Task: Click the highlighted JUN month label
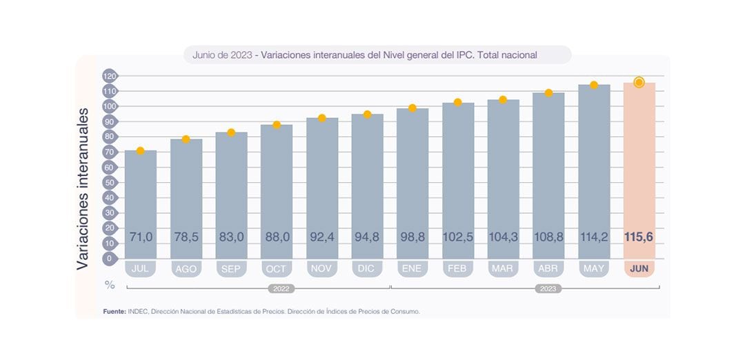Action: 639,268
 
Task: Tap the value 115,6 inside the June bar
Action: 639,237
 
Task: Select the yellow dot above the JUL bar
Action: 140,151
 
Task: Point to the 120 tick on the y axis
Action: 108,76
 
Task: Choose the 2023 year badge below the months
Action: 548,288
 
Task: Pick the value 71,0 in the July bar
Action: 141,237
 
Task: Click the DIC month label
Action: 367,268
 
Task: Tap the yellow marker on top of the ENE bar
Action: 413,108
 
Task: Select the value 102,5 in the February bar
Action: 458,237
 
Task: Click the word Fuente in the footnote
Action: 114,312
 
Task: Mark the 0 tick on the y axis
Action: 108,259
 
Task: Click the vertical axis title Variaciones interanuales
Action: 83,188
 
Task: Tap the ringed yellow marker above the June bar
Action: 639,83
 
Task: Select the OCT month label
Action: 277,268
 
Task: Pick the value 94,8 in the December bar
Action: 367,237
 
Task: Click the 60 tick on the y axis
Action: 108,168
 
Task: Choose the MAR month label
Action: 503,268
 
